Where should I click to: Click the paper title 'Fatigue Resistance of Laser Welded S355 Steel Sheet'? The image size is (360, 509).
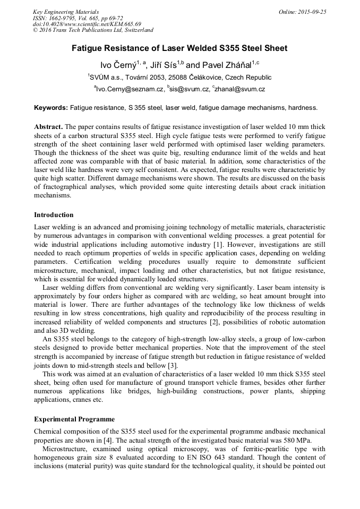click(x=179, y=48)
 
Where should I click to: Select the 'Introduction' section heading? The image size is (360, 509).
click(x=54, y=215)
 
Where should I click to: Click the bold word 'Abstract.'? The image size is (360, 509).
click(x=49, y=127)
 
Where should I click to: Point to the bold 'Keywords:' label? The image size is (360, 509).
click(x=51, y=108)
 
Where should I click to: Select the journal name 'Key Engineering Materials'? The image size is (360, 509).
click(x=66, y=12)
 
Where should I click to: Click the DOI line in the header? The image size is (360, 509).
click(x=87, y=24)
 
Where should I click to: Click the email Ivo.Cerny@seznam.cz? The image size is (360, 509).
click(x=129, y=90)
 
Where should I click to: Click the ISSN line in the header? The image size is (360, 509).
click(x=78, y=18)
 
